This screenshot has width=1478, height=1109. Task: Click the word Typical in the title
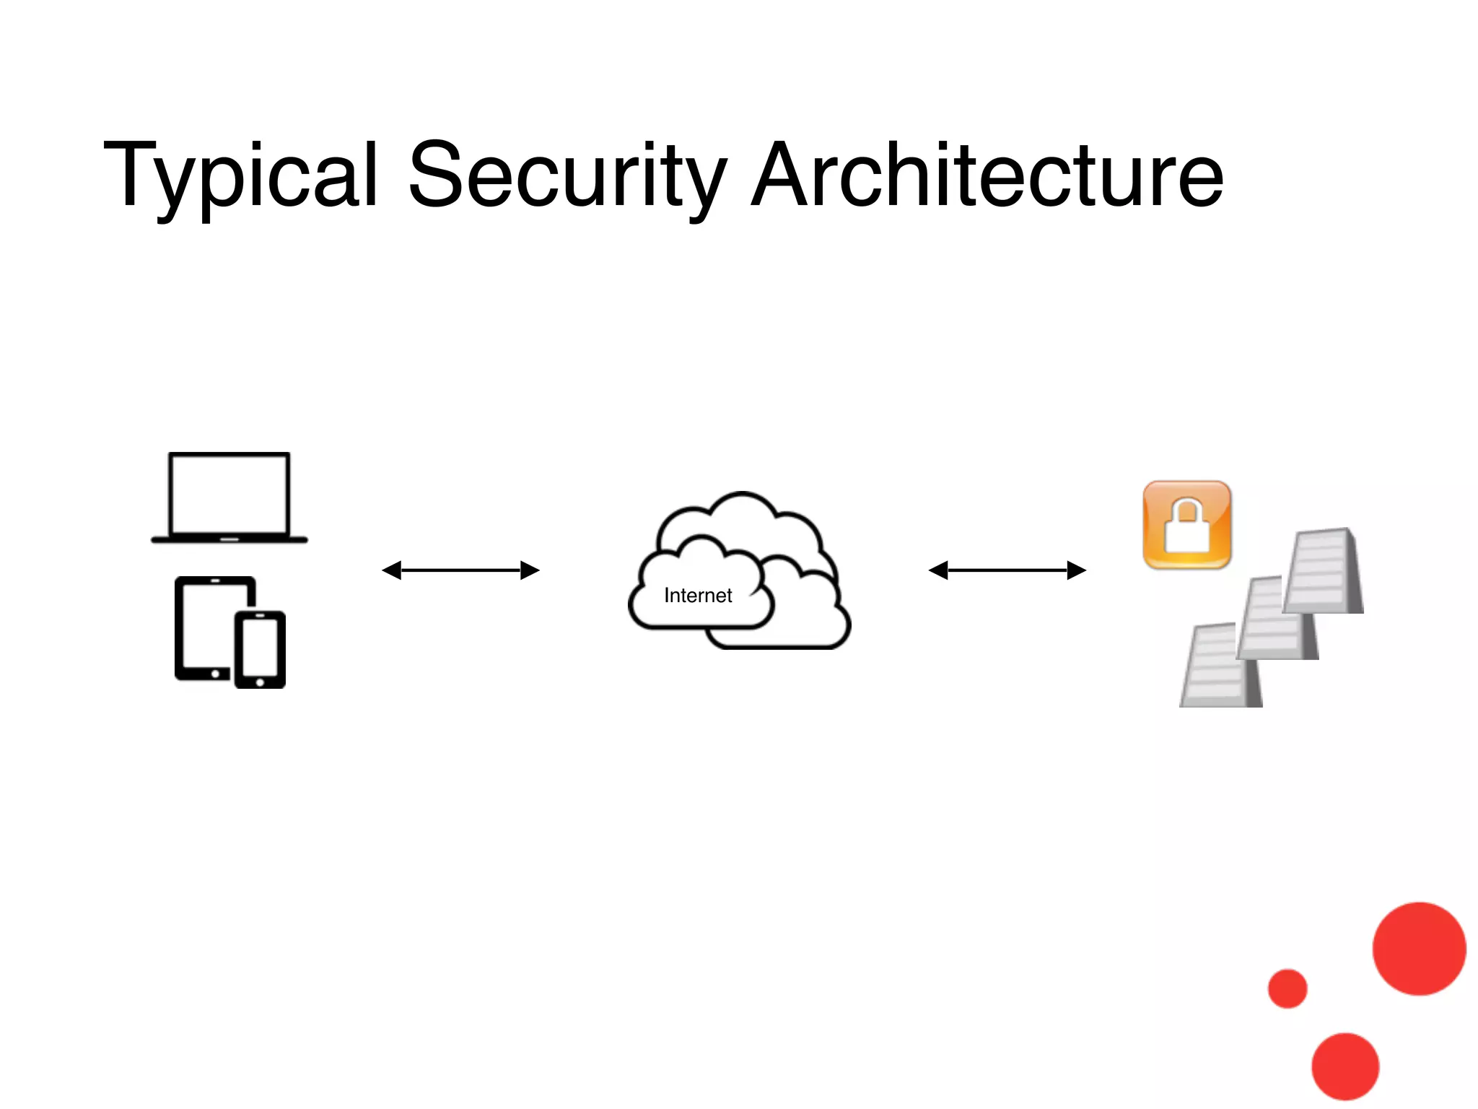point(240,175)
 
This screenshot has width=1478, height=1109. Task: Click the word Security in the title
point(567,175)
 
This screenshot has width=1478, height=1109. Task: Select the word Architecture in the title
point(987,175)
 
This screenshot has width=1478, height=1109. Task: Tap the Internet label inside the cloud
point(697,596)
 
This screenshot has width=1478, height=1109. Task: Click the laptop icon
point(229,497)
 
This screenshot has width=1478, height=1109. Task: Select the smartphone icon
point(260,650)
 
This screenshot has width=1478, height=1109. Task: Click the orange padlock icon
point(1187,525)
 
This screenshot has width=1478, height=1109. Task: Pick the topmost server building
point(1323,571)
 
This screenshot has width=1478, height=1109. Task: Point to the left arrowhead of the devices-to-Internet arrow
point(391,570)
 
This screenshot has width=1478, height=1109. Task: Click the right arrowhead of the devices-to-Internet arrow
point(530,570)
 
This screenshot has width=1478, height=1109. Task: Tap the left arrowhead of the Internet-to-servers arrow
point(937,570)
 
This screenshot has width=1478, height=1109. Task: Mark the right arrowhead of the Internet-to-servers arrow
point(1077,570)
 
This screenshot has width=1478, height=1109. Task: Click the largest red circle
point(1419,949)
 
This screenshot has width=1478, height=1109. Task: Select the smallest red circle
point(1287,988)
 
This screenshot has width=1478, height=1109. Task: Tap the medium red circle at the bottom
point(1345,1066)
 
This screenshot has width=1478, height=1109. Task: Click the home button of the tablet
point(215,673)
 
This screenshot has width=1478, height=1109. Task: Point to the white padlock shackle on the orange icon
point(1187,511)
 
